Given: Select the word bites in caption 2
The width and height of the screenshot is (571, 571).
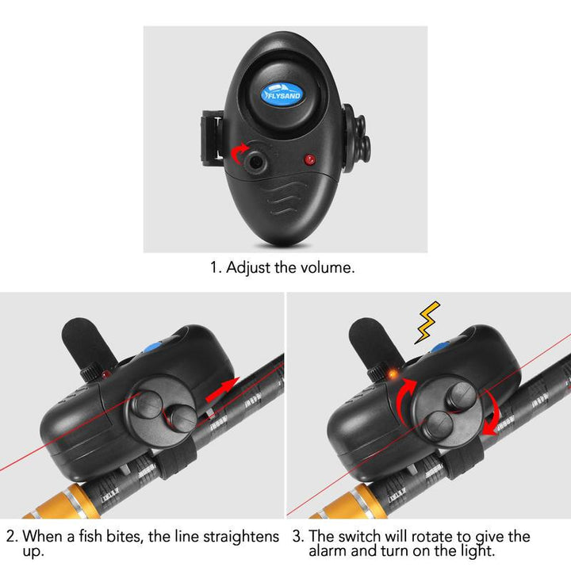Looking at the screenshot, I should tap(121, 537).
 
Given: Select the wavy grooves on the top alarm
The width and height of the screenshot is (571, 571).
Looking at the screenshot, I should tap(285, 201).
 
